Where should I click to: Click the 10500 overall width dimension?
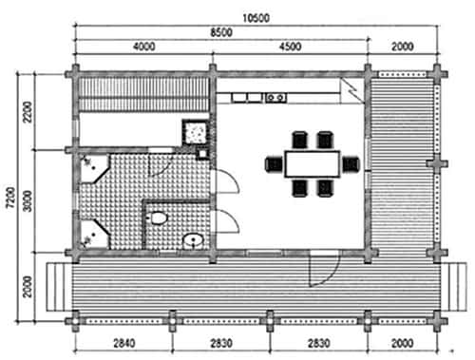pyautogui.click(x=256, y=18)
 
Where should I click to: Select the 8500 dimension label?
pyautogui.click(x=221, y=32)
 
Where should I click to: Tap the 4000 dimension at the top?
pyautogui.click(x=144, y=47)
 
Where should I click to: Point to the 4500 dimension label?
pyautogui.click(x=290, y=47)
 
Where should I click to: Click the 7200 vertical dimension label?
pyautogui.click(x=10, y=198)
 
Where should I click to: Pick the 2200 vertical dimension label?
pyautogui.click(x=28, y=112)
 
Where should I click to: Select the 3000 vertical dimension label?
pyautogui.click(x=28, y=200)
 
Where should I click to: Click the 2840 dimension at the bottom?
pyautogui.click(x=124, y=343)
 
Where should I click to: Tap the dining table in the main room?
pyautogui.click(x=313, y=164)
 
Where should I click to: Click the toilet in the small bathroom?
pyautogui.click(x=157, y=218)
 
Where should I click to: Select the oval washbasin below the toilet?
pyautogui.click(x=193, y=241)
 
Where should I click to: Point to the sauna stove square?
pyautogui.click(x=196, y=132)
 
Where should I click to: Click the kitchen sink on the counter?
pyautogui.click(x=275, y=98)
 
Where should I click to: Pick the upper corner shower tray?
pyautogui.click(x=94, y=168)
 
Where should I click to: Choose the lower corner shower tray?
pyautogui.click(x=94, y=235)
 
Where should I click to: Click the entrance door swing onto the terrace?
pyautogui.click(x=324, y=269)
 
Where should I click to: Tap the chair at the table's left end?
pyautogui.click(x=274, y=164)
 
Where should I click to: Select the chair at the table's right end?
pyautogui.click(x=351, y=164)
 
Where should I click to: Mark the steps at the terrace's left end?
pyautogui.click(x=59, y=287)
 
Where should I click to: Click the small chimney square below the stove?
pyautogui.click(x=202, y=154)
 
